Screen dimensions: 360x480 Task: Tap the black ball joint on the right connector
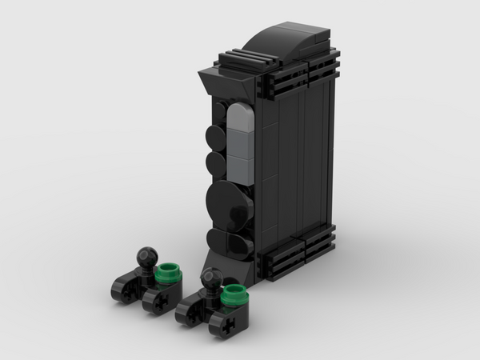(211, 277)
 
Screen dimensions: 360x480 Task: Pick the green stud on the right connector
(233, 293)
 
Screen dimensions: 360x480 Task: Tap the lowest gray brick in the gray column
(239, 174)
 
